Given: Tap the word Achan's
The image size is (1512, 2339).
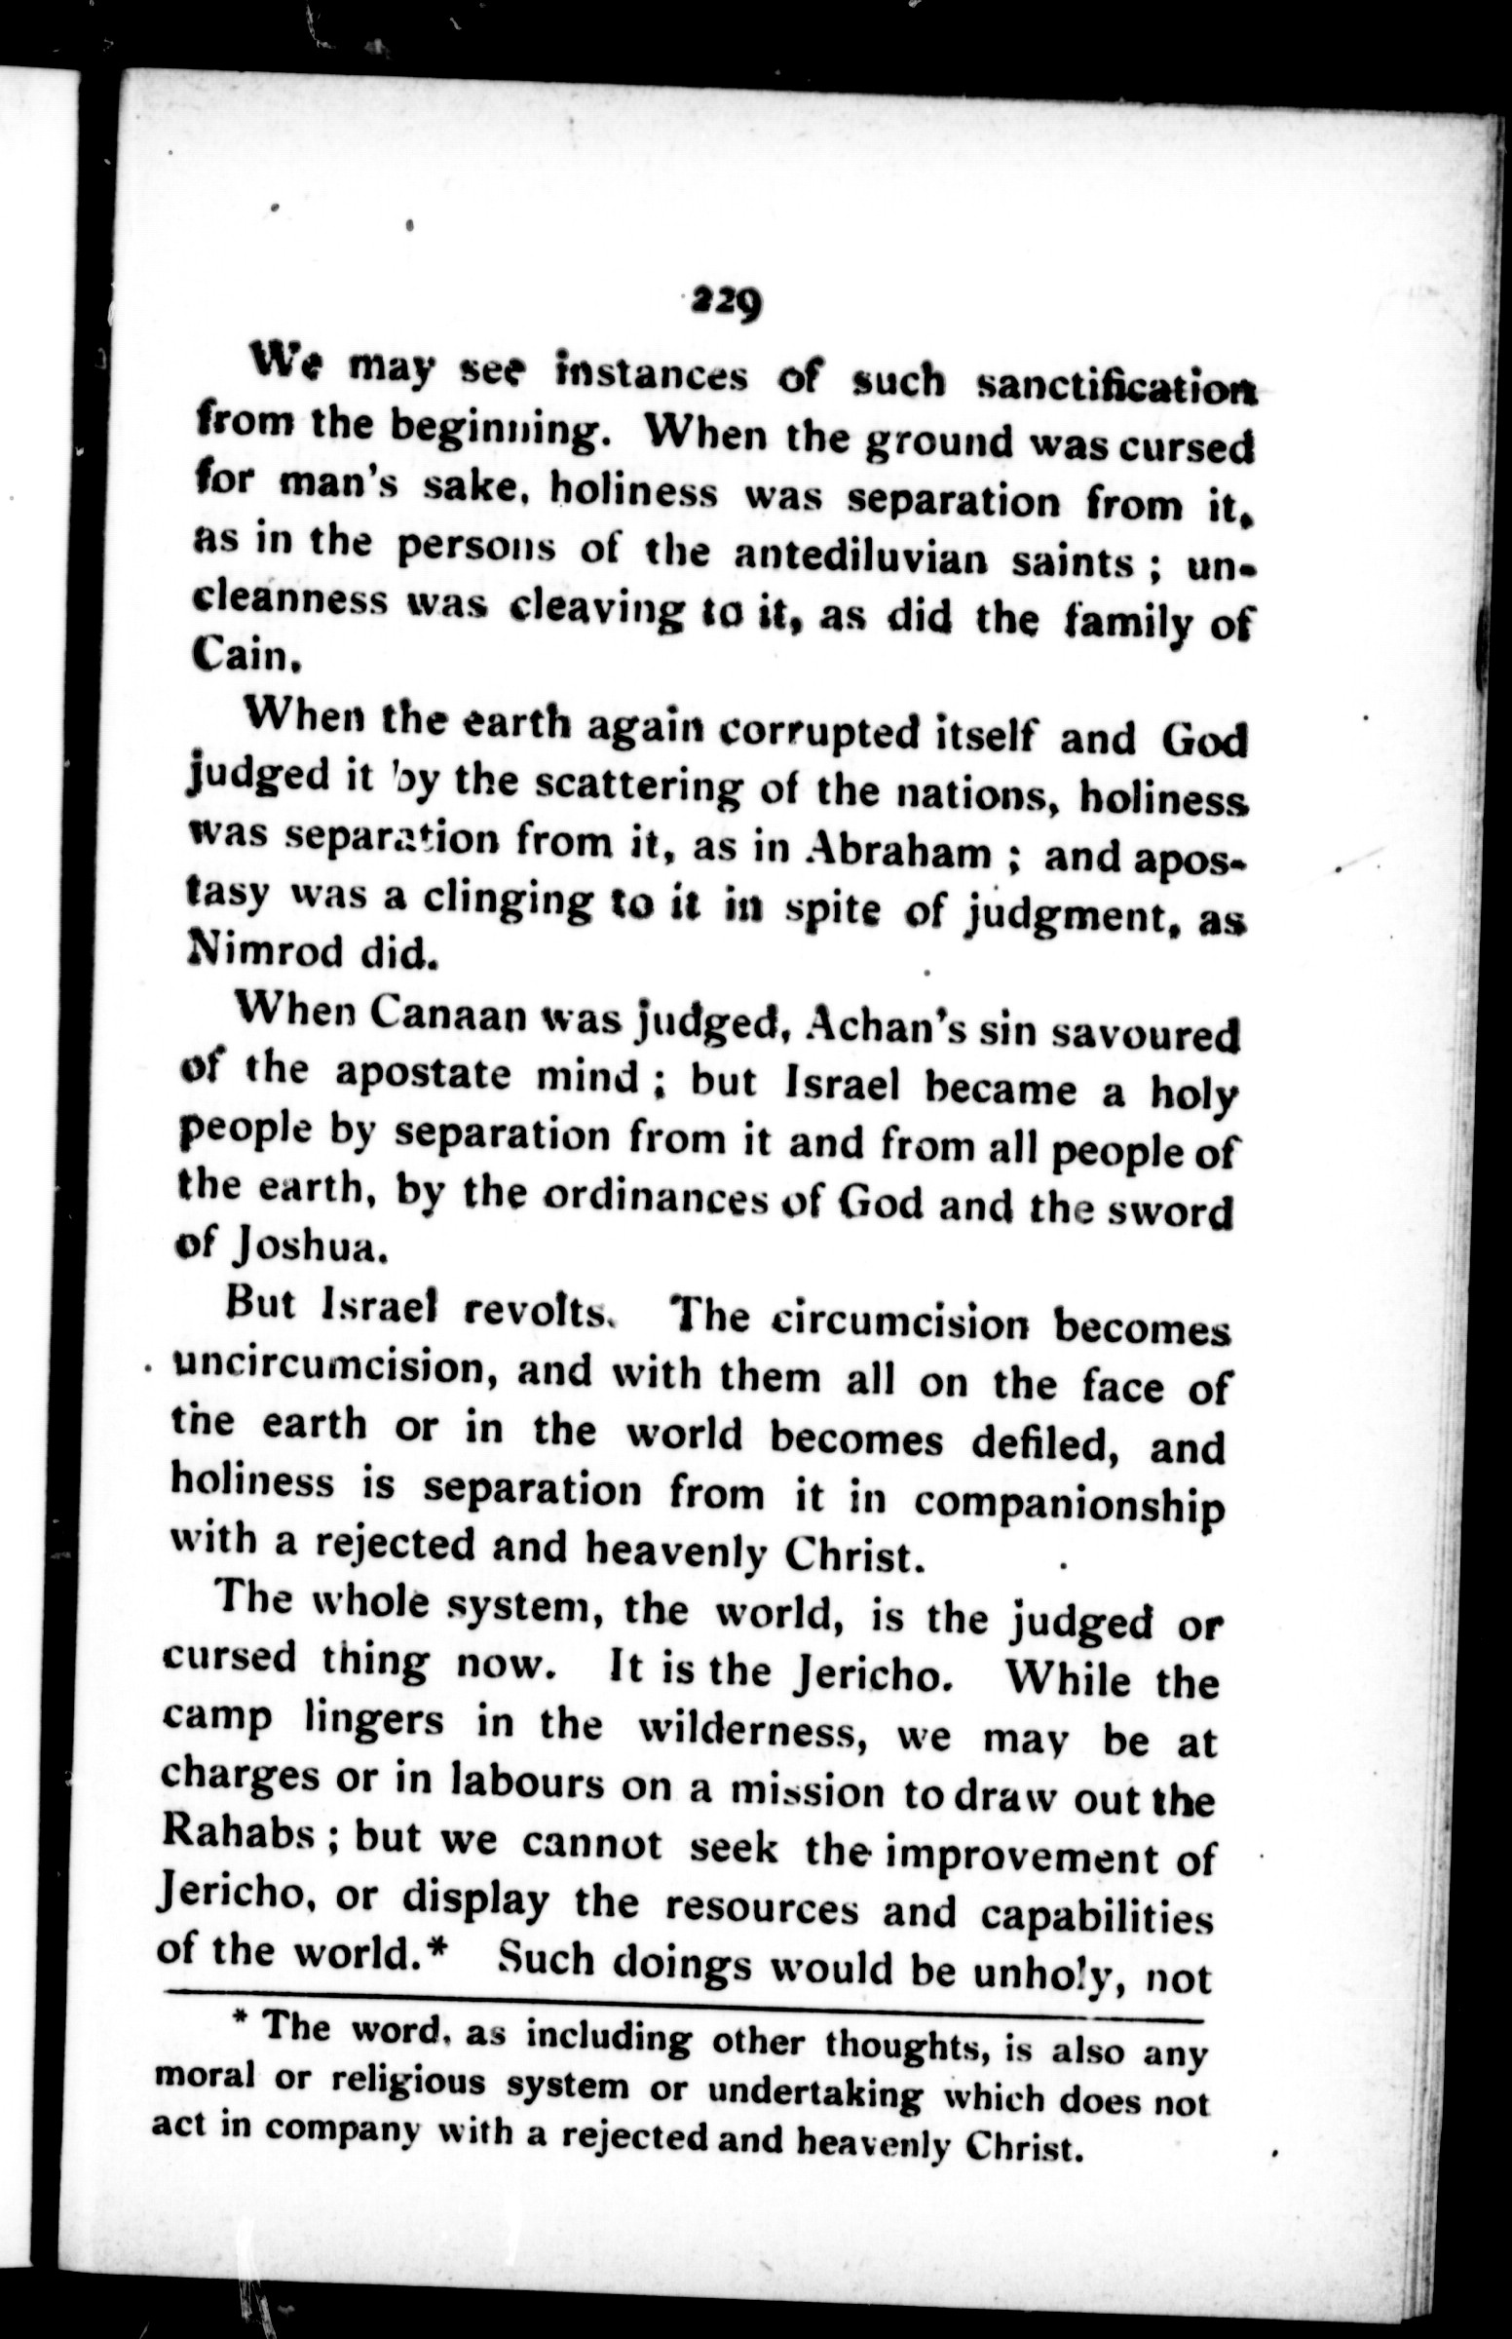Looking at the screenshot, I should tap(884, 1031).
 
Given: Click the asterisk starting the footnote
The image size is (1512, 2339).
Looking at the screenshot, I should tap(238, 2025).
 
